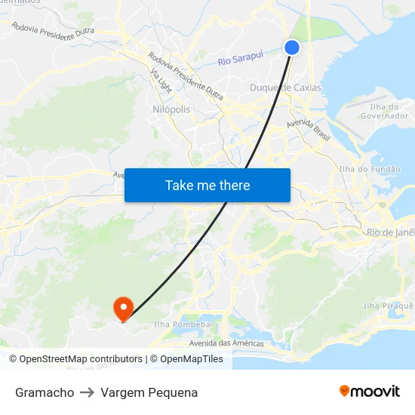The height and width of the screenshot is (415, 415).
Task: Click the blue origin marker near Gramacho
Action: [x=292, y=48]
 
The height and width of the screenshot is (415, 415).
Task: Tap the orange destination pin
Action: [x=122, y=307]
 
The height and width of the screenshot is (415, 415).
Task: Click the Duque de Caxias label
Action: [x=285, y=88]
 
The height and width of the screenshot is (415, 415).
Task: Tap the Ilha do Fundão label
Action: [x=370, y=170]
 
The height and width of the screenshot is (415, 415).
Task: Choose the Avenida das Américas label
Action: [x=226, y=343]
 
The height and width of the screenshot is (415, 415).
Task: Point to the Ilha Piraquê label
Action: [x=388, y=306]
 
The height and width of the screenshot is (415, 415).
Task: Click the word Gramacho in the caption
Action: [x=45, y=392]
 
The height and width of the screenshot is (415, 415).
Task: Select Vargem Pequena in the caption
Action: [x=149, y=392]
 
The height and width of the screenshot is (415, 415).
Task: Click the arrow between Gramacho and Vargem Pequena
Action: [x=87, y=392]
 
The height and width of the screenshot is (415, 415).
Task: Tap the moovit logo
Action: [x=369, y=391]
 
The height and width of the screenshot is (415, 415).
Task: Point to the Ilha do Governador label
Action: [x=385, y=111]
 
